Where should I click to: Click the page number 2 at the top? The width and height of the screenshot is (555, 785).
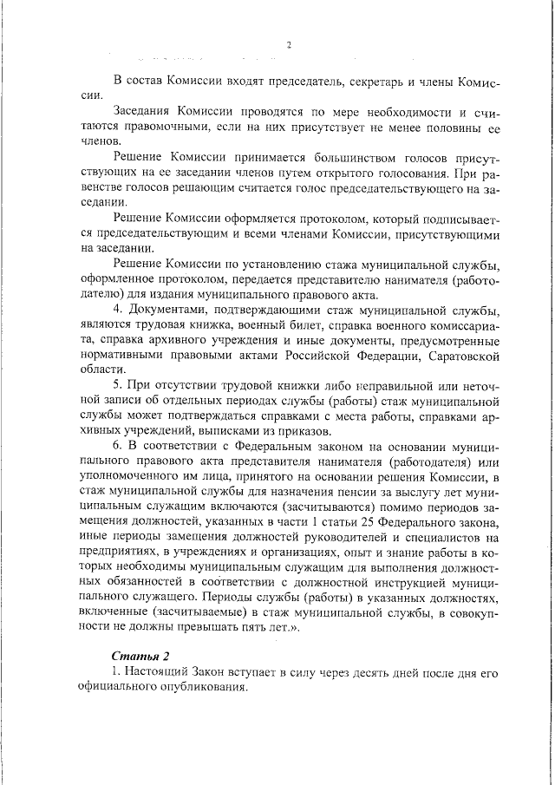(289, 45)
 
